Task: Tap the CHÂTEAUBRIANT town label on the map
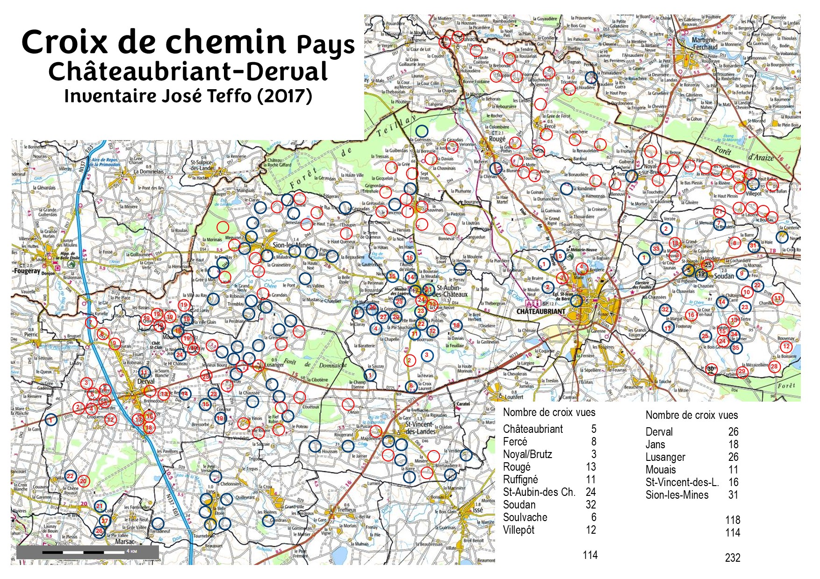click(x=540, y=311)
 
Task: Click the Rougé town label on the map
click(x=497, y=139)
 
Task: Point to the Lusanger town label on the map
click(x=274, y=365)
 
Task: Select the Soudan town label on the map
click(x=724, y=276)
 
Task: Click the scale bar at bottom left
click(x=87, y=552)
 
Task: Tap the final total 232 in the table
click(x=732, y=558)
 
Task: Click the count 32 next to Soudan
click(x=590, y=505)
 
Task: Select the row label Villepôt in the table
click(x=518, y=530)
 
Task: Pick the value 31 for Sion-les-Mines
click(x=733, y=495)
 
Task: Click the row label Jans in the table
click(x=655, y=445)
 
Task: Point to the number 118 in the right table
click(x=732, y=520)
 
